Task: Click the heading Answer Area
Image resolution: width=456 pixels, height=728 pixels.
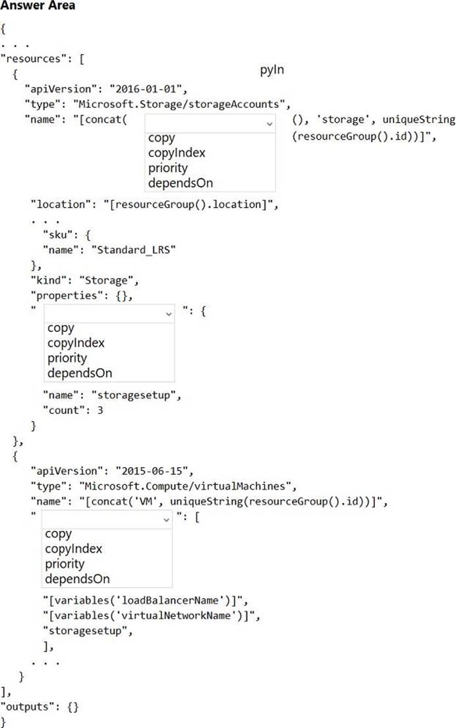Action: point(38,5)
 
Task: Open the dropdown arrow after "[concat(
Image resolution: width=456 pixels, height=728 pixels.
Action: point(270,123)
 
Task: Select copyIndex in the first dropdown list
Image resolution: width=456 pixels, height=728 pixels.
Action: point(177,154)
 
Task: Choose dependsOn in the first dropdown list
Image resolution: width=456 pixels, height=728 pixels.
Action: point(181,183)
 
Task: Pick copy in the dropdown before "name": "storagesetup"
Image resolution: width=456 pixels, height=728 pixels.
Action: point(61,328)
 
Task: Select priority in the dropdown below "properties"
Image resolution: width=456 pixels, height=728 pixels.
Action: point(67,358)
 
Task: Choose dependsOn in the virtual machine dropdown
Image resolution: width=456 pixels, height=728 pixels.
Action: point(78,579)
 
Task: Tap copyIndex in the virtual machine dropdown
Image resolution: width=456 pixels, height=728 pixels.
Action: point(73,549)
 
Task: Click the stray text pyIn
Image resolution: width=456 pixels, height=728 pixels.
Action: point(271,70)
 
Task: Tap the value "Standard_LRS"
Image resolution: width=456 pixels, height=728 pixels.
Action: point(133,250)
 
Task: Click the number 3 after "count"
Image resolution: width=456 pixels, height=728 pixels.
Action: point(100,410)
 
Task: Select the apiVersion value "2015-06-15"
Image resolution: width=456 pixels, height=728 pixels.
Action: point(155,471)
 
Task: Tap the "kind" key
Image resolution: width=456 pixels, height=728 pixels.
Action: point(49,280)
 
